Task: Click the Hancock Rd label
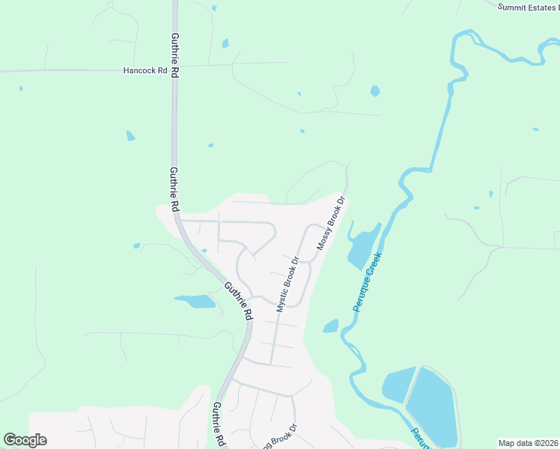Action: (145, 70)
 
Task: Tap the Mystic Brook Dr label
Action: (287, 284)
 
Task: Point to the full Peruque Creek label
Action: (368, 281)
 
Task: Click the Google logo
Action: (25, 440)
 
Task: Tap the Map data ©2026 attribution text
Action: (528, 443)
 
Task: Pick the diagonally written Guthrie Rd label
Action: (237, 300)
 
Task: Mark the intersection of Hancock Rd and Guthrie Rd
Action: (174, 70)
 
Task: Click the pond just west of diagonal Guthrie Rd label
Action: (195, 302)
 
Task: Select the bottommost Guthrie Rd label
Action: (218, 424)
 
